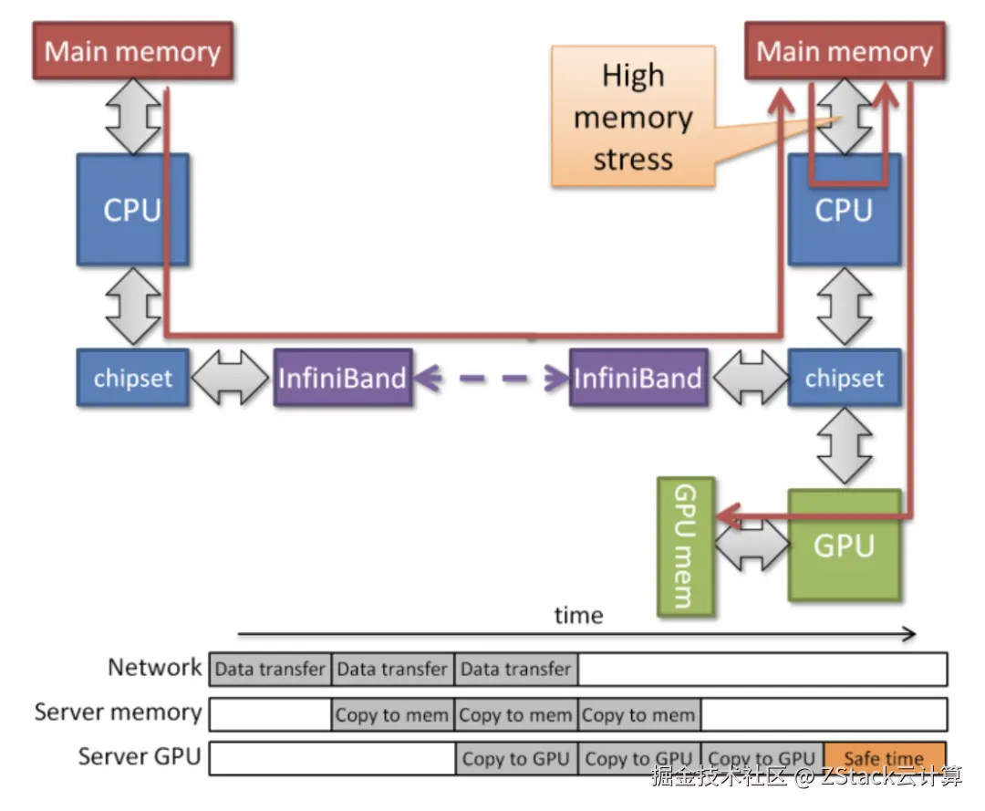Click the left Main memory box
(x=133, y=51)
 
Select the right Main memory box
(x=845, y=51)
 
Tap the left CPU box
(x=132, y=209)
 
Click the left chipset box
(x=132, y=378)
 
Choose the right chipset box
(x=844, y=378)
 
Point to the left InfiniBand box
(x=342, y=378)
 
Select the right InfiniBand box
(x=638, y=378)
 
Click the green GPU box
(x=844, y=546)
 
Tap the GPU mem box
(x=686, y=546)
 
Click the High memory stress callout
(x=633, y=118)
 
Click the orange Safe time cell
(x=884, y=758)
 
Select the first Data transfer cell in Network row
(x=270, y=670)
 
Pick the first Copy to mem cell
(x=392, y=714)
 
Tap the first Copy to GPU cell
(x=515, y=758)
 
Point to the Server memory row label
(x=118, y=712)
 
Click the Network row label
(x=154, y=667)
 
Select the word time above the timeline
(x=578, y=616)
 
